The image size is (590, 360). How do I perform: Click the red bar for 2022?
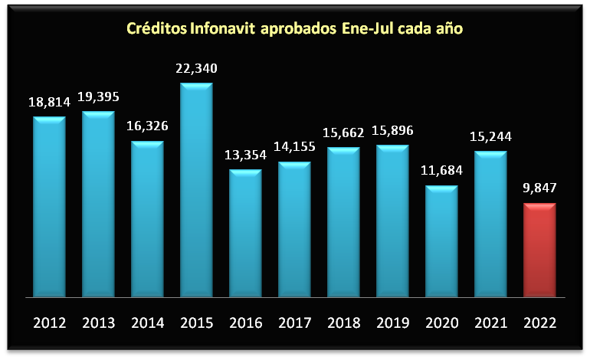[x=539, y=250]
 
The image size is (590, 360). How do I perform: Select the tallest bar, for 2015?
[x=196, y=189]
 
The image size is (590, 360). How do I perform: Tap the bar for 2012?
[x=49, y=206]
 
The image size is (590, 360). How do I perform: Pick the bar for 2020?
[x=441, y=241]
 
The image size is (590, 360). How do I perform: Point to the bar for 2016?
[x=245, y=233]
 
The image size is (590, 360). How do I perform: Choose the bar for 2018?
[x=343, y=221]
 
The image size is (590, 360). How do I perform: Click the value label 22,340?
[x=196, y=68]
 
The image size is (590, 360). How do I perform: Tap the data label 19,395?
[x=98, y=97]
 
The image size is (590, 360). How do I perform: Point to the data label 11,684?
[x=441, y=171]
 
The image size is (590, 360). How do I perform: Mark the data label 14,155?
[x=294, y=147]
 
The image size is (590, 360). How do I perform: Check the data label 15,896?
[x=392, y=130]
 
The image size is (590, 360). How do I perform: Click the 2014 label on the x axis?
[x=147, y=322]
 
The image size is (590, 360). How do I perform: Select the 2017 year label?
[x=294, y=322]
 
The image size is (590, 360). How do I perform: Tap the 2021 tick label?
[x=490, y=322]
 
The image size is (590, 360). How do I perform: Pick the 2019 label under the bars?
[x=392, y=322]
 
